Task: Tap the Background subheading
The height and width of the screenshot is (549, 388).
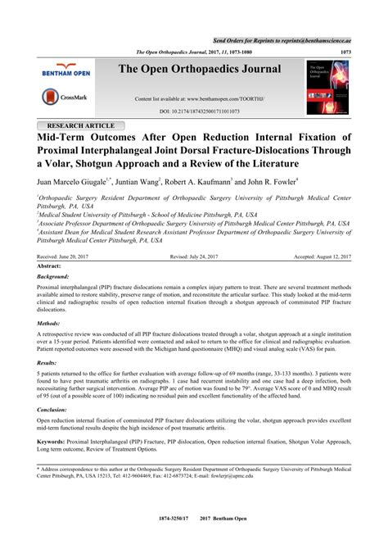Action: [53, 278]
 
